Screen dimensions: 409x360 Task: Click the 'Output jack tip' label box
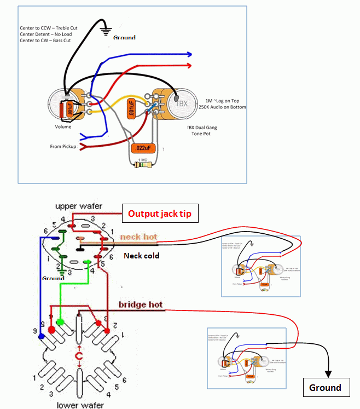tap(159, 214)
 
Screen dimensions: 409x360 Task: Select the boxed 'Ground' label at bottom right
tap(326, 388)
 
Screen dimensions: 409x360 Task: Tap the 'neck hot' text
tap(138, 237)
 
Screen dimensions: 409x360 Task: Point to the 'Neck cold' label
tap(141, 255)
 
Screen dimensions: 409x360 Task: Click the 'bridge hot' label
tap(141, 304)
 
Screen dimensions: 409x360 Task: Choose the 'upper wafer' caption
tap(78, 205)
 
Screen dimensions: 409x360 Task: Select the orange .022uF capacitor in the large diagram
tap(143, 148)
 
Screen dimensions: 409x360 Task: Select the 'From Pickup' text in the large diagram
tap(63, 147)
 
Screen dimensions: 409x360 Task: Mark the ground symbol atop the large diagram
tap(105, 31)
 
